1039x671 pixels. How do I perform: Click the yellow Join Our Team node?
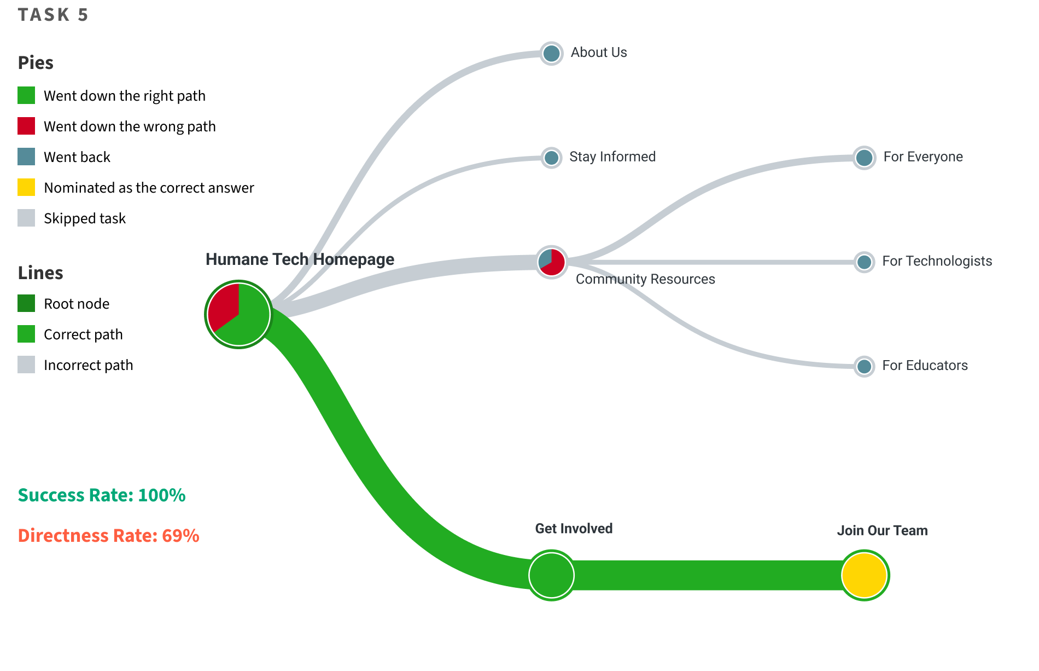tap(864, 575)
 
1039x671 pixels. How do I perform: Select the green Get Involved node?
tap(551, 575)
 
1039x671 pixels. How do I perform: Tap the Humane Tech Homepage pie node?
tap(239, 314)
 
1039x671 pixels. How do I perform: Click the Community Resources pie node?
tap(551, 262)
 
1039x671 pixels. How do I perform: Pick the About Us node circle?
tap(551, 54)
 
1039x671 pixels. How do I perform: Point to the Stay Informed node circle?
tap(551, 158)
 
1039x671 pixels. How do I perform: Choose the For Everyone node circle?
tap(864, 158)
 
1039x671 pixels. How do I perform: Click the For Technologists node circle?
tap(864, 262)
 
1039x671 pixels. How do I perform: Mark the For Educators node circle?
tap(864, 366)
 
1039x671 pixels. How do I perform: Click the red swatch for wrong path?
tap(26, 126)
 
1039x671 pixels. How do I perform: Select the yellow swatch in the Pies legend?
tap(26, 187)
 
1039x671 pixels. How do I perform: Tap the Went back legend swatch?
tap(26, 157)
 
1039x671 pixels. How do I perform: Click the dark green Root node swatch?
tap(26, 303)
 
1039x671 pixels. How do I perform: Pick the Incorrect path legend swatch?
tap(26, 365)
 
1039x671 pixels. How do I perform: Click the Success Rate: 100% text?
tap(102, 495)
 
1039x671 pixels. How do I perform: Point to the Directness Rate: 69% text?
tap(108, 535)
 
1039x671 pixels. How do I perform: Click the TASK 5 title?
tap(53, 15)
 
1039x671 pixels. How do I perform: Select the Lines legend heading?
tap(40, 273)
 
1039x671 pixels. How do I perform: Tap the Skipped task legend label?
tap(85, 218)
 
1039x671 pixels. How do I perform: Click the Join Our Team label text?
tap(882, 530)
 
